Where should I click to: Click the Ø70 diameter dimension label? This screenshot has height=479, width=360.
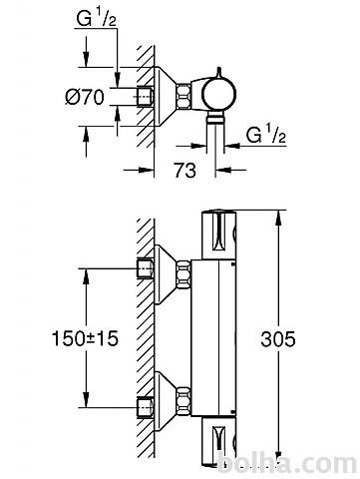(85, 97)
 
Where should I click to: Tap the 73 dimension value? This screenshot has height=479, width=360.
(185, 171)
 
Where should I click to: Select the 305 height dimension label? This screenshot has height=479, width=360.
(278, 339)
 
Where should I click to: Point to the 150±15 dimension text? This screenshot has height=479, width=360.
(86, 338)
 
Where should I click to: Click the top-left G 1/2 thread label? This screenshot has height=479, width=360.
(96, 19)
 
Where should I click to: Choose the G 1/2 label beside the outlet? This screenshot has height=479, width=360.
(266, 135)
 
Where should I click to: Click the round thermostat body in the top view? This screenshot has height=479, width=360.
(219, 93)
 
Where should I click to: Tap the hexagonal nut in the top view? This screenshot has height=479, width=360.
(183, 96)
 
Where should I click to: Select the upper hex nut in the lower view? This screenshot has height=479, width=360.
(183, 274)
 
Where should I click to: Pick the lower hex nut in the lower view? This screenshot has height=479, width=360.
(183, 401)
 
